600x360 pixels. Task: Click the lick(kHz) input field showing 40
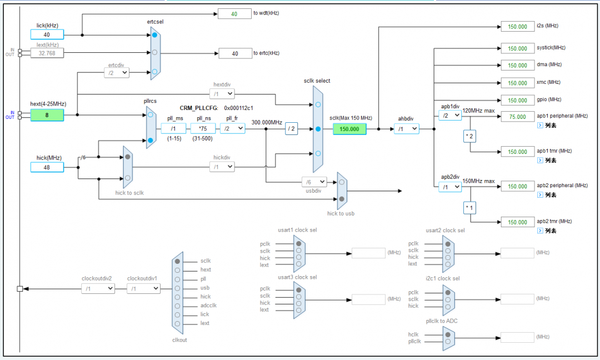47,34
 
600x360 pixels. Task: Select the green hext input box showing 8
47,115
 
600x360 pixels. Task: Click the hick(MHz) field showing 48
47,167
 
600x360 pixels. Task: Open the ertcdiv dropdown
117,72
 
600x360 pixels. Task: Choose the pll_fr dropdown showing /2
233,128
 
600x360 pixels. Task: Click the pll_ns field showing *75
203,128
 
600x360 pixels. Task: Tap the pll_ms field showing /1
173,128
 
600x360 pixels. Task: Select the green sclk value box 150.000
349,129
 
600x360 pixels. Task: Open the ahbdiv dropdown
407,129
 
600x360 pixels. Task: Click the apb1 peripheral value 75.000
517,117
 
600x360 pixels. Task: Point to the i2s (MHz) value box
517,26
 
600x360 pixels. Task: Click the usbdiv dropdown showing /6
314,182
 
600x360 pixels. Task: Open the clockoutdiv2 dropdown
98,288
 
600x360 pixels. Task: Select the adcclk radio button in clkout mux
177,306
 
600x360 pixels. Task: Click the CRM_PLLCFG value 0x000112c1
238,108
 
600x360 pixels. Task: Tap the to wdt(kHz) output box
234,14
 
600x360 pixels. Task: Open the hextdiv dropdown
222,94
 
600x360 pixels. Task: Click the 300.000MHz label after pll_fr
267,122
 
